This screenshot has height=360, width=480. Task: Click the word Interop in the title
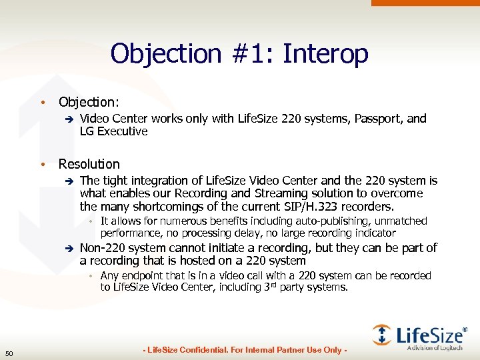[x=325, y=54]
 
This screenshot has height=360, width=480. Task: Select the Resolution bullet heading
[x=89, y=164]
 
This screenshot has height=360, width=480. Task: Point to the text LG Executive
[x=113, y=131]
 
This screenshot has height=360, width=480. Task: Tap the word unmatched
[x=403, y=221]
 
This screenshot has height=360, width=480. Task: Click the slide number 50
[x=9, y=353]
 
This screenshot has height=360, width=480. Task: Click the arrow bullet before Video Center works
[x=67, y=119]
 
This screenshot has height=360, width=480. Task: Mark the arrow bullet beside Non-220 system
[x=67, y=249]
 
